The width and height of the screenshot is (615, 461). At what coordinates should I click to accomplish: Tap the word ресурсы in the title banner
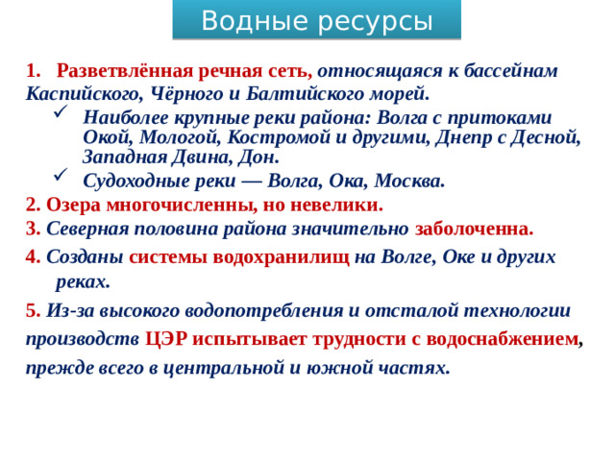coord(371,20)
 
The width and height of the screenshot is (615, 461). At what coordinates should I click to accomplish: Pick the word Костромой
coord(258,136)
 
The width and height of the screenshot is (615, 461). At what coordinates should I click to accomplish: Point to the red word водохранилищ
coord(288,256)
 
